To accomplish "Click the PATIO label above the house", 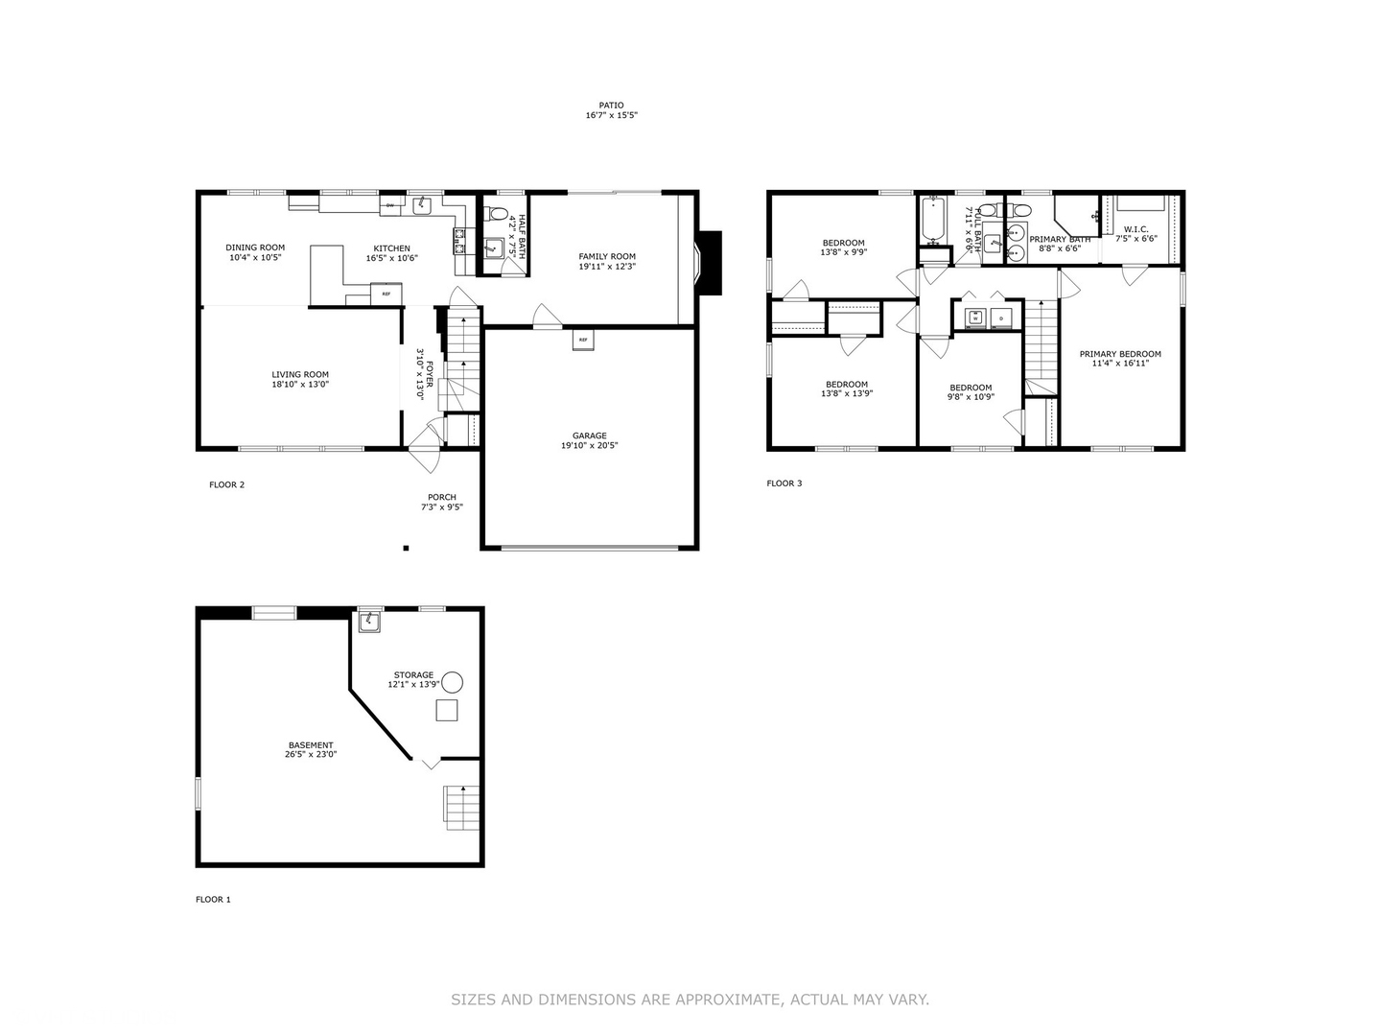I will tap(611, 106).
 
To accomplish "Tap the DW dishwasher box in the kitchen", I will tap(390, 205).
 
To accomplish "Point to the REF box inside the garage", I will tap(583, 340).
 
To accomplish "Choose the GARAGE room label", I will tap(589, 436).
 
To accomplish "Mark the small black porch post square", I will tap(406, 548).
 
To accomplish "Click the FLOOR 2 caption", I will tap(226, 484).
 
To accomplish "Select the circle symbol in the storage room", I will tap(452, 682).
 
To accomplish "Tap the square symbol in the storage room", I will tap(446, 710).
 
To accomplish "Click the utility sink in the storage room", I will tap(369, 623).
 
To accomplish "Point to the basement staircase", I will tap(461, 806).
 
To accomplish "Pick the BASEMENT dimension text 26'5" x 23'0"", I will tap(311, 755).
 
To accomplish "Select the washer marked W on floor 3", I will tap(975, 318).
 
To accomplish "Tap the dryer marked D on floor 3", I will tap(1000, 318).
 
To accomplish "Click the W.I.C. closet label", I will tap(1135, 229).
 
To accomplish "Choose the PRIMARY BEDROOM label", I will tap(1119, 354).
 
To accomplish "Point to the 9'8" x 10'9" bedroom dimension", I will tap(971, 397).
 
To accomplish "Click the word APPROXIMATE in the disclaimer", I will tap(728, 1000).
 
